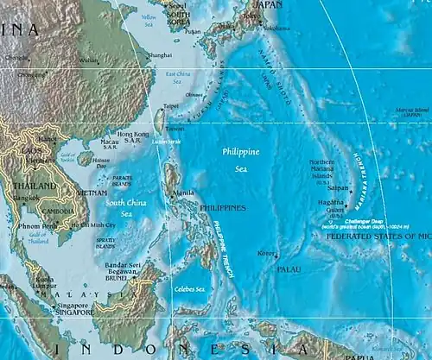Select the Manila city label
[184, 193]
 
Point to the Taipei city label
[169, 107]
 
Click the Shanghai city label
[161, 54]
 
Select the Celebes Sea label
[190, 289]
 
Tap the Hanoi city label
[48, 139]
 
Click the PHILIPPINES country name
[223, 208]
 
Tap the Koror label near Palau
[266, 254]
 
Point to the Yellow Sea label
[149, 18]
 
